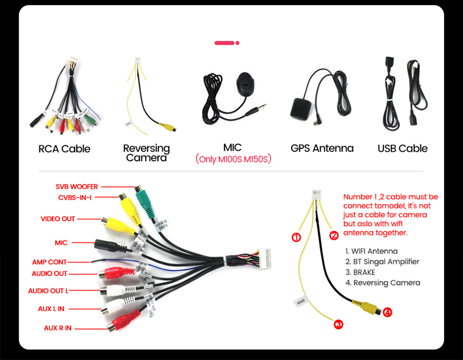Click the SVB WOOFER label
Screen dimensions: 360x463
(x=77, y=187)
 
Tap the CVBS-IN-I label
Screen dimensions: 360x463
(x=75, y=198)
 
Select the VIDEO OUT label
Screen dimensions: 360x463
(x=57, y=219)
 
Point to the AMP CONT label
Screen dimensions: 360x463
(x=49, y=262)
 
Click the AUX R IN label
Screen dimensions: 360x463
(x=58, y=328)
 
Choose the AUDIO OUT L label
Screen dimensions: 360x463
(x=48, y=291)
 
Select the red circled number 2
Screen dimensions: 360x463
(x=334, y=235)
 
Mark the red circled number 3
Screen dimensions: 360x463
(x=338, y=325)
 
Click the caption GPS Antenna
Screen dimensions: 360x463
(x=322, y=148)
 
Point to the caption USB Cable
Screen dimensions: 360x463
(x=402, y=148)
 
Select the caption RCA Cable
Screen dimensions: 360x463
(x=64, y=149)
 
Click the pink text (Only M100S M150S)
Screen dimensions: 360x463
(x=233, y=159)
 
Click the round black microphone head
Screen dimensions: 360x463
(x=245, y=84)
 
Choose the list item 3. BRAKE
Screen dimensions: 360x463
(x=360, y=272)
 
